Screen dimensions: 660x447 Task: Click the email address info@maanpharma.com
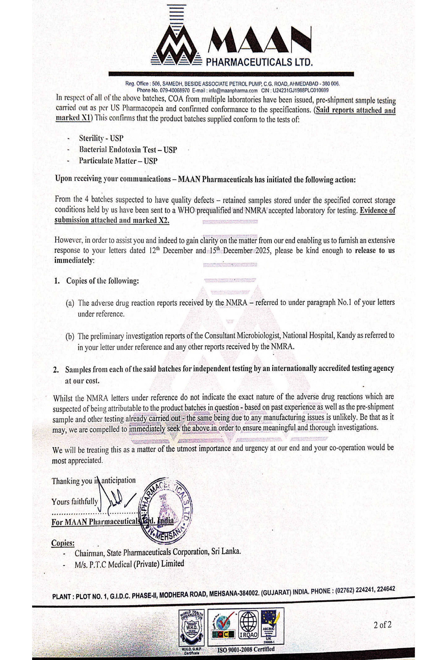[x=233, y=91]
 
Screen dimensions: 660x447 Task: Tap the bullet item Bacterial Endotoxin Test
[x=128, y=150]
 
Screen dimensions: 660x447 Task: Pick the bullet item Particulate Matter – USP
[x=118, y=161]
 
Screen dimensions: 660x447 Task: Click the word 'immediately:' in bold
[x=74, y=261]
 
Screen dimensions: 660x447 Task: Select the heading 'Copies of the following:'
[x=102, y=281]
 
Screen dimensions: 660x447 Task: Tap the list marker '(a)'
[x=70, y=303]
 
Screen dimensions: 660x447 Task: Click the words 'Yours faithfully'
[x=74, y=502]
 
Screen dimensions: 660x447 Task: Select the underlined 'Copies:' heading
[x=63, y=543]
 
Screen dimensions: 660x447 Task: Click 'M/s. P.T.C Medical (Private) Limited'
[x=129, y=564]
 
